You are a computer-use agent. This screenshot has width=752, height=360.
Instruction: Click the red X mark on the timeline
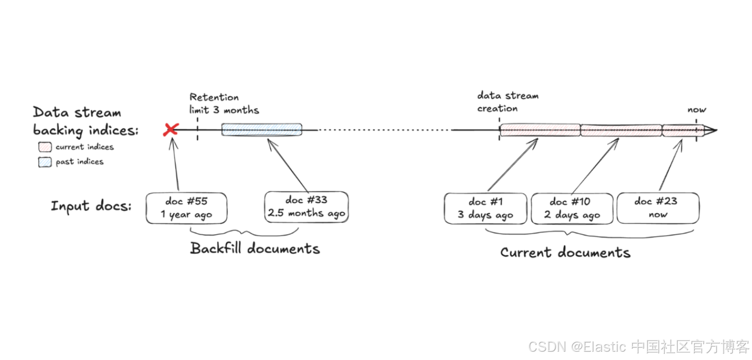point(171,129)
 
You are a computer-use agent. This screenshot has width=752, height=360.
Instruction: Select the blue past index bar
point(261,129)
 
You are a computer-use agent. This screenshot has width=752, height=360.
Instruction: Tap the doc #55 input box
point(186,208)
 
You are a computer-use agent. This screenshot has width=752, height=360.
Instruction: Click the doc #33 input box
point(306,207)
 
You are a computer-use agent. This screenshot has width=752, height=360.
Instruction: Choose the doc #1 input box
point(485,208)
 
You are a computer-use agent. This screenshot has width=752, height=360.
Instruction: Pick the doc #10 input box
point(572,208)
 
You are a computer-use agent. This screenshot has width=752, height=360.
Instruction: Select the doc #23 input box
point(658,208)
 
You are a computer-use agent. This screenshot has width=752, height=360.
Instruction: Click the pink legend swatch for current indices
point(45,147)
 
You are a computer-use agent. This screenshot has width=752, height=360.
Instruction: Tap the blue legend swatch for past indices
point(45,162)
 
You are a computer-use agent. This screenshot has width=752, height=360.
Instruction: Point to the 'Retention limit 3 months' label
point(224,104)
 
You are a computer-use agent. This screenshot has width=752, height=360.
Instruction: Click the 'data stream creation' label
point(508,102)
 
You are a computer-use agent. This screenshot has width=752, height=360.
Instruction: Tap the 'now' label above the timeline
point(697,110)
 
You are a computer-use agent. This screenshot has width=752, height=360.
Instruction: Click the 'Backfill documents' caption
point(255,249)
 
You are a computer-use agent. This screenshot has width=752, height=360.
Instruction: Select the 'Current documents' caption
point(565,252)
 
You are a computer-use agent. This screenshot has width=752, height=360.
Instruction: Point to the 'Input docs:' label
point(91,206)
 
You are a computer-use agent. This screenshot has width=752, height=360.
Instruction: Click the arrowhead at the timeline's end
point(711,130)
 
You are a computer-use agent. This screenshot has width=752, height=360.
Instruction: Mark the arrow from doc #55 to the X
point(175,164)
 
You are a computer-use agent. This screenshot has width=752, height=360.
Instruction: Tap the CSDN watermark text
point(639,347)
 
